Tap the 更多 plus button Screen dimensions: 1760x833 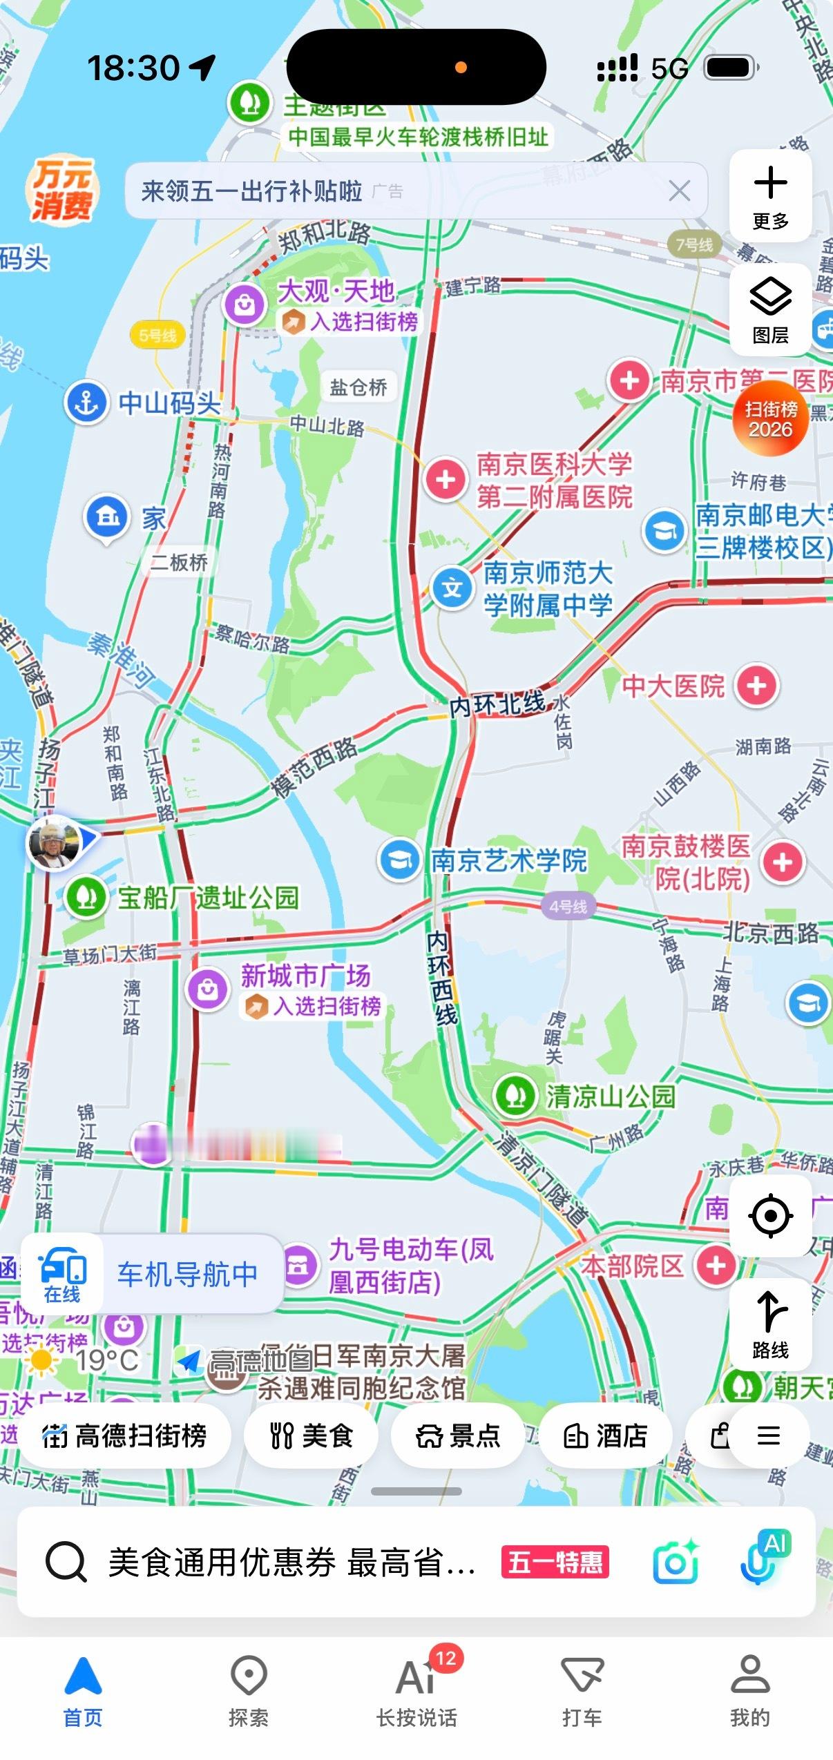click(770, 195)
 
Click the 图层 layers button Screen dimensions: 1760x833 click(770, 310)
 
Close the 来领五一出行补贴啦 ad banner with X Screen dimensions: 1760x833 click(679, 191)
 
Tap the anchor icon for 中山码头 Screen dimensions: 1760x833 click(86, 403)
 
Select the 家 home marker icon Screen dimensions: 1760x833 click(106, 518)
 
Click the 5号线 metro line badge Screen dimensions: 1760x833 click(157, 336)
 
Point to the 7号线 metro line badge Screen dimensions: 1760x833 click(694, 244)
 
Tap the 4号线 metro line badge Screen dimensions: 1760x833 click(568, 907)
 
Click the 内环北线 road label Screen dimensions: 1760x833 click(497, 705)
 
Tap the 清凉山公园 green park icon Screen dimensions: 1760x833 click(515, 1096)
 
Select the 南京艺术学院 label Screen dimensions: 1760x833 click(508, 860)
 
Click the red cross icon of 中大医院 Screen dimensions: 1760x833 click(757, 686)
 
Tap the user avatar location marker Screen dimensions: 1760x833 click(54, 842)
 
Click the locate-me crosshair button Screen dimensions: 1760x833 click(770, 1215)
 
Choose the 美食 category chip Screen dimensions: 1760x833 click(311, 1436)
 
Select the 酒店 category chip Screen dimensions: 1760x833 click(605, 1436)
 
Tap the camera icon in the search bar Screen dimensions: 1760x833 click(675, 1563)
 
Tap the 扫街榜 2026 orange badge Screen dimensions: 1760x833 click(770, 419)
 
